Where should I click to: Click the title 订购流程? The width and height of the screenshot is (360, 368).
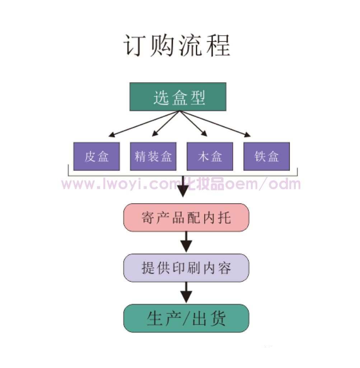pyautogui.click(x=177, y=46)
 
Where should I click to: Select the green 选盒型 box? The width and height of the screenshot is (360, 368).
pyautogui.click(x=178, y=97)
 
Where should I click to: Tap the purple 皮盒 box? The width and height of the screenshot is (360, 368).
pyautogui.click(x=96, y=156)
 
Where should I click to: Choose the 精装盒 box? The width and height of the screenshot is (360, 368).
pyautogui.click(x=153, y=156)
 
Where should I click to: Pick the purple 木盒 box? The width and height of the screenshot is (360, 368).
pyautogui.click(x=210, y=156)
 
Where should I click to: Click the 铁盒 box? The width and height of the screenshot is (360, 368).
pyautogui.click(x=266, y=156)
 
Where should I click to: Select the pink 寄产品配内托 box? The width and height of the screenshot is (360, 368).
pyautogui.click(x=186, y=217)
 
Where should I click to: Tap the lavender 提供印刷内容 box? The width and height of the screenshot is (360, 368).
pyautogui.click(x=186, y=268)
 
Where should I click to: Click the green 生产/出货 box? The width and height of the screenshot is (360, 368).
pyautogui.click(x=186, y=318)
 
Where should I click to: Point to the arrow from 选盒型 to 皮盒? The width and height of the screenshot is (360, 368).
pyautogui.click(x=144, y=124)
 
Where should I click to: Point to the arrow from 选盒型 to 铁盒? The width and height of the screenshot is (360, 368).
pyautogui.click(x=215, y=124)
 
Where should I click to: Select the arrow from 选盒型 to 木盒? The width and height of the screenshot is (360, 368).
pyautogui.click(x=194, y=124)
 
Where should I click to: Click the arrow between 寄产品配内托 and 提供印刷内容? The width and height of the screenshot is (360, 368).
pyautogui.click(x=186, y=242)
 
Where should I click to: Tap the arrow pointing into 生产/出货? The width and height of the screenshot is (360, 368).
pyautogui.click(x=186, y=292)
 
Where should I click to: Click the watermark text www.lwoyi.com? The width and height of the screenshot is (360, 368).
pyautogui.click(x=122, y=184)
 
